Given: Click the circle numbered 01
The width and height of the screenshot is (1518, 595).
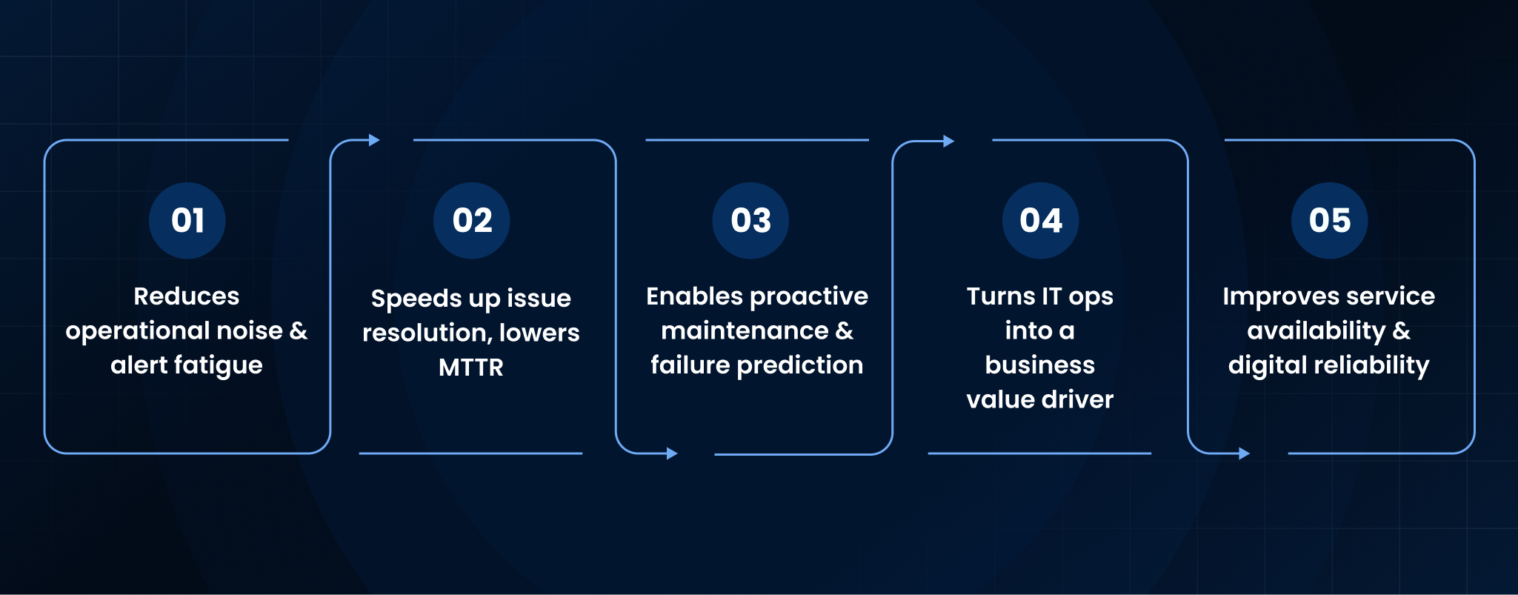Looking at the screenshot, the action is [x=187, y=220].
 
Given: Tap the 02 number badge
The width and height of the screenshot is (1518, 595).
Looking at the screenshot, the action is [x=472, y=220].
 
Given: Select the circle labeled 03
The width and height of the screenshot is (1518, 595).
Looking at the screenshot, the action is [x=750, y=220].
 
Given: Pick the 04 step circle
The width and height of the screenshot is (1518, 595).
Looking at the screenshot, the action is [x=1040, y=220].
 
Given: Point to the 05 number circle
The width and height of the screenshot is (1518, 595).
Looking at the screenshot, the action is [x=1329, y=220].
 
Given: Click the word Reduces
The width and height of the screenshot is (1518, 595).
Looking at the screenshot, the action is [x=187, y=296].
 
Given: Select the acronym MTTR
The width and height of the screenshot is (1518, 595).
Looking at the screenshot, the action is [x=471, y=368].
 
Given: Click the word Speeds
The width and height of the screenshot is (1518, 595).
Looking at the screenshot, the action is [x=417, y=299].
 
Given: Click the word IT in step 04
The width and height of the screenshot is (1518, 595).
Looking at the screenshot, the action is [x=1051, y=296].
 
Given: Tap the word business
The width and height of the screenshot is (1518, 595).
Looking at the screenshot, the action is [x=1040, y=365].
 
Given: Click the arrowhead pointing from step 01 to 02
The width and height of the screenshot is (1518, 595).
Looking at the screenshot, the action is [x=374, y=140].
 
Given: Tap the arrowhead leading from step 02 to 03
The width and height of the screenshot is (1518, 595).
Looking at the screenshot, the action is [x=672, y=453].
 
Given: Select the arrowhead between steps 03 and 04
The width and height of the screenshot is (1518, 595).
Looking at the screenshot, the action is [x=948, y=141].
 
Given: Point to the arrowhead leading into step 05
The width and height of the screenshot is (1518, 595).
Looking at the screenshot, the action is [x=1245, y=453].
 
